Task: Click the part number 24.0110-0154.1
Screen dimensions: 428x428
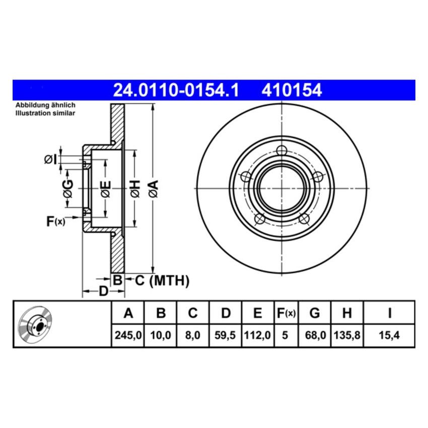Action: tap(175, 91)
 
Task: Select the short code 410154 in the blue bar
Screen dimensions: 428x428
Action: tap(291, 91)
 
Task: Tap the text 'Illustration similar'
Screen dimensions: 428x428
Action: tap(45, 114)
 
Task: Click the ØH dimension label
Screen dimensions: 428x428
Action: tap(134, 189)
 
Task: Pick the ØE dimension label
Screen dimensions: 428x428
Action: tap(105, 189)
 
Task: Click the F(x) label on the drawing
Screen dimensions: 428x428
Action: tap(55, 221)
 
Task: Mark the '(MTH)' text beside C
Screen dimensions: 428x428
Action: tap(169, 280)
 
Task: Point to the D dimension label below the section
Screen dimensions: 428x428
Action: tap(103, 291)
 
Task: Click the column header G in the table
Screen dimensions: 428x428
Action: tap(314, 313)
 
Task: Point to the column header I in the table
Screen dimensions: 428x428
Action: tap(389, 313)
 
